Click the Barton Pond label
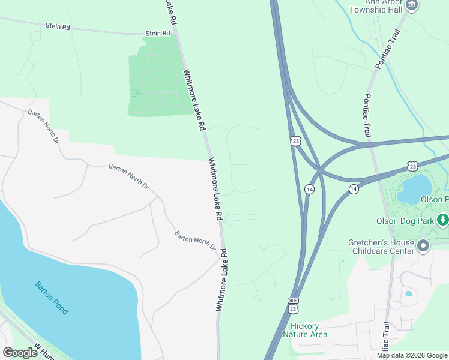pos(51,298)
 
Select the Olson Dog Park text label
pos(404,220)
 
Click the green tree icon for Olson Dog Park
pos(443,220)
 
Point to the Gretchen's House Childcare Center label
pos(381,247)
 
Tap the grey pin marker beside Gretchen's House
pos(423,246)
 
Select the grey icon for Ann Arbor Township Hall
pos(412,5)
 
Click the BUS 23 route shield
pos(293,304)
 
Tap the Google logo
pos(20,353)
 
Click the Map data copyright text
pos(412,355)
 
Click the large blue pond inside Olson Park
pos(414,188)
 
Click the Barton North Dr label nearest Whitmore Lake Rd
pos(196,241)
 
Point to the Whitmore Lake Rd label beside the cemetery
pos(194,100)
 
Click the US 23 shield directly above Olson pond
pos(411,165)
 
